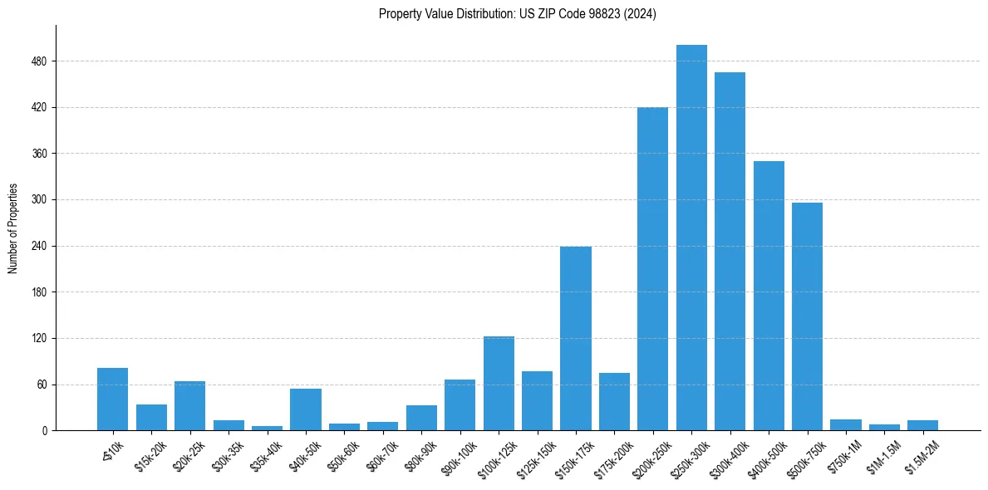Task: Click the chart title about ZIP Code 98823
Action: pos(517,14)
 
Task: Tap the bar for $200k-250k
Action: pos(652,269)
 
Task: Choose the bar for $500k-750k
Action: pos(807,316)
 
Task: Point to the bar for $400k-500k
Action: pos(769,296)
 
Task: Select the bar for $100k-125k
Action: pos(499,384)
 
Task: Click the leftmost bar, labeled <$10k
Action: pos(112,399)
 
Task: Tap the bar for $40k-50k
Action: pos(306,409)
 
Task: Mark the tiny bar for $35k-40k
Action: pos(267,428)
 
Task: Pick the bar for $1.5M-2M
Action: pos(922,425)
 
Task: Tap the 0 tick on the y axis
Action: pos(44,431)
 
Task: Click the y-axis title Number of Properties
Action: pos(12,228)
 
